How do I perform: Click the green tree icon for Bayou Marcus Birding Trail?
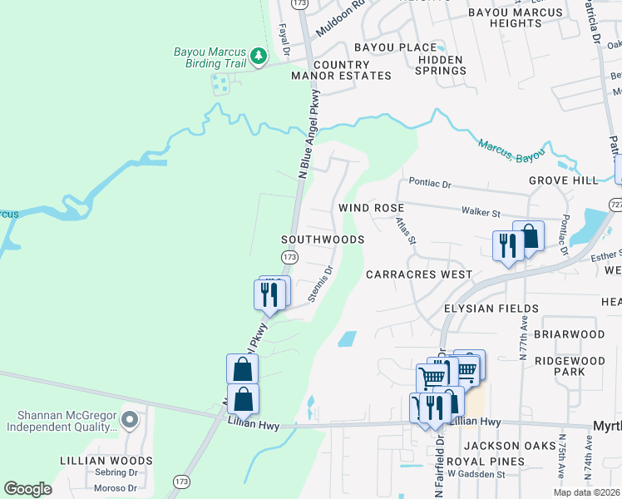coord(260,57)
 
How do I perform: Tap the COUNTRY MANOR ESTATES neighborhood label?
coord(341,71)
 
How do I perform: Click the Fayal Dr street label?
coord(284,39)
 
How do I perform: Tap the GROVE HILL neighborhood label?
coord(562,180)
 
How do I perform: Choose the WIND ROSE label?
coord(371,207)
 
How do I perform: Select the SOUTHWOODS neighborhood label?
coord(323,240)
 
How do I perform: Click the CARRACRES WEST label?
coord(419,274)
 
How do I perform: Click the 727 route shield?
coord(614,205)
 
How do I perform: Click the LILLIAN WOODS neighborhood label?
coord(106,460)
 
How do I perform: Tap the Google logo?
coord(27,489)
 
